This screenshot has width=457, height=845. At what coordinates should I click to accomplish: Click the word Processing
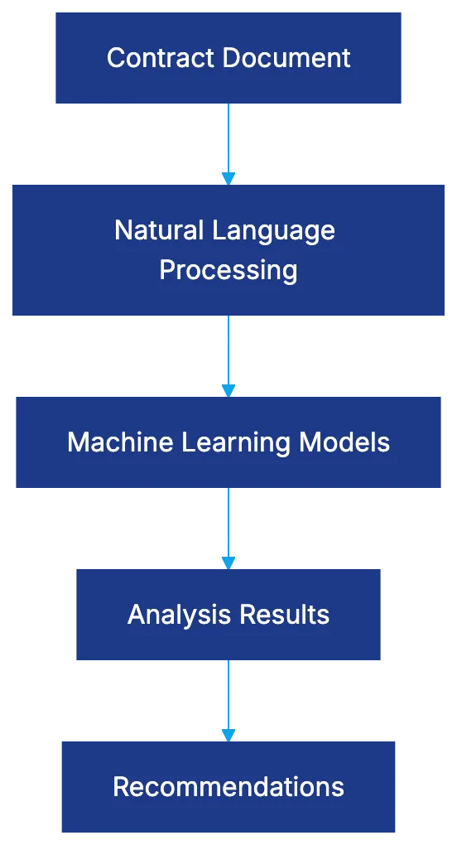pyautogui.click(x=228, y=270)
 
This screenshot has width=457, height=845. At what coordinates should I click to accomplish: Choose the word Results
pyautogui.click(x=284, y=615)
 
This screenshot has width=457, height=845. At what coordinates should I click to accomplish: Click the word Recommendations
pyautogui.click(x=228, y=786)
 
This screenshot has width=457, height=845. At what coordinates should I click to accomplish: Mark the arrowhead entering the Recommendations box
pyautogui.click(x=228, y=734)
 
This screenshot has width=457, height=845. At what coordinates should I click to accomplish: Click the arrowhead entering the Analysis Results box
pyautogui.click(x=228, y=563)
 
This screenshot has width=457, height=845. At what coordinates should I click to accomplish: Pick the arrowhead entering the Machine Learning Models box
pyautogui.click(x=228, y=390)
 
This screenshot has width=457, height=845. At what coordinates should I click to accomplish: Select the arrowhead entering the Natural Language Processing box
pyautogui.click(x=228, y=179)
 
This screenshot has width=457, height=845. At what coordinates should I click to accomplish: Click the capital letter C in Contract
pyautogui.click(x=115, y=58)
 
